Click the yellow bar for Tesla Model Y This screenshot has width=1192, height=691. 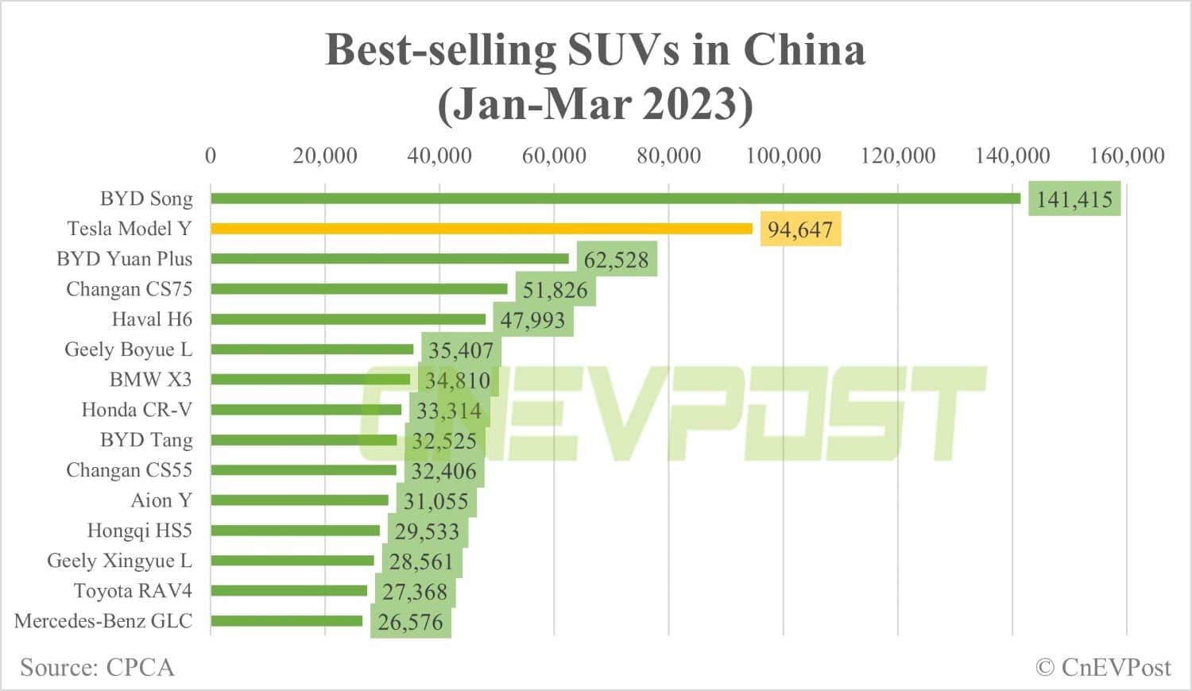click(481, 229)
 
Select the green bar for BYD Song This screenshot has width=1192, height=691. click(615, 199)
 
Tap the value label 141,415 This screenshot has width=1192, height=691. click(1074, 199)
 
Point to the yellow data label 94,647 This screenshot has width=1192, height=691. click(799, 230)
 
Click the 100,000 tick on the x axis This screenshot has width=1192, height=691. click(783, 155)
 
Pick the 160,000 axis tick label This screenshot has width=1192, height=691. click(1126, 155)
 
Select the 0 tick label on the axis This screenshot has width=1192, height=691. click(211, 155)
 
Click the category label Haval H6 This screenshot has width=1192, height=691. click(152, 319)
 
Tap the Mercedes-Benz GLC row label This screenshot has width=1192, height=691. click(103, 621)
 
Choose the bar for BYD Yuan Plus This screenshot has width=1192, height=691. click(389, 259)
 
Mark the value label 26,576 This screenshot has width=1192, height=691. click(410, 622)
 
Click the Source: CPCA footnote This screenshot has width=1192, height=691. click(97, 667)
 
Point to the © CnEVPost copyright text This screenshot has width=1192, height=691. click(1103, 667)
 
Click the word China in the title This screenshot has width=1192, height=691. click(803, 49)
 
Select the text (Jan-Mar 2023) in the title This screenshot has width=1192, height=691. click(594, 103)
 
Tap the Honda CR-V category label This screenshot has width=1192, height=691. click(137, 410)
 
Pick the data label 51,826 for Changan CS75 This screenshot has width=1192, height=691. click(555, 290)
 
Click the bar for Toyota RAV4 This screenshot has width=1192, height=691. click(288, 591)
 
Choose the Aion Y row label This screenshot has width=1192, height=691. click(161, 500)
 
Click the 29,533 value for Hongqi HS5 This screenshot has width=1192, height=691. click(427, 531)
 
